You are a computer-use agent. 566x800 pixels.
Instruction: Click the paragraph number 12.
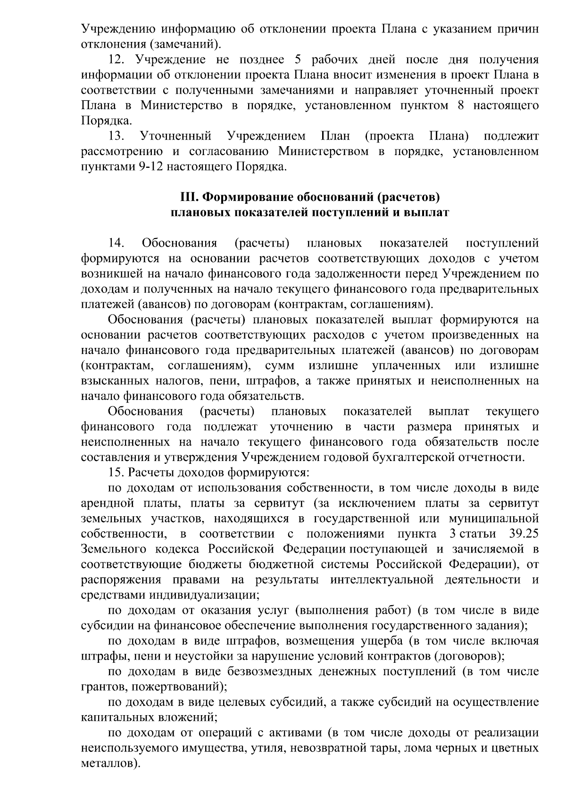116,60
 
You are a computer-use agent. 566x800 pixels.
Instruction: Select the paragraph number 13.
116,136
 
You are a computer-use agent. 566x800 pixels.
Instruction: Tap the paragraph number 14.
116,243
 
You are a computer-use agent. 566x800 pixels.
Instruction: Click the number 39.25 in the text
524,534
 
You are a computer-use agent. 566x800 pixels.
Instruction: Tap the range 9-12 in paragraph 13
150,167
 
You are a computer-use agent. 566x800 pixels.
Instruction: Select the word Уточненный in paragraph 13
175,136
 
